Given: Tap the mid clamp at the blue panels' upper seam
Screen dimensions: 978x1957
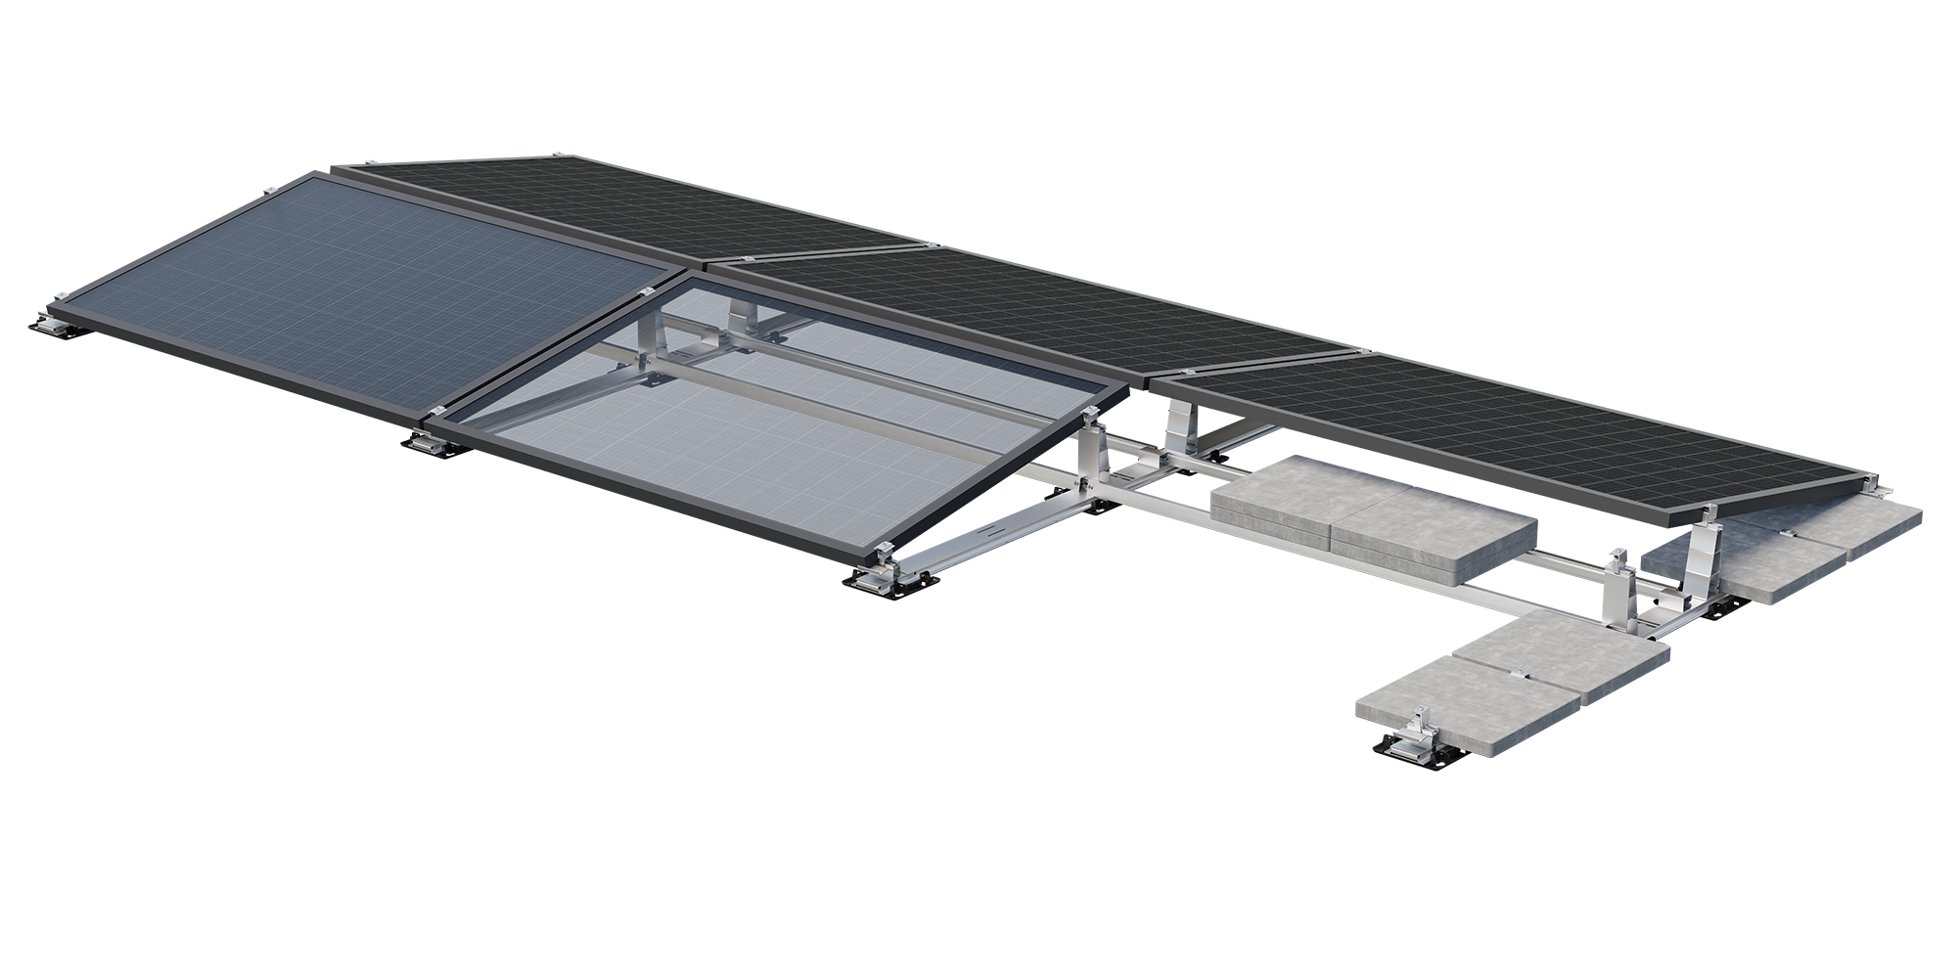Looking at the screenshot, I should (646, 293).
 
